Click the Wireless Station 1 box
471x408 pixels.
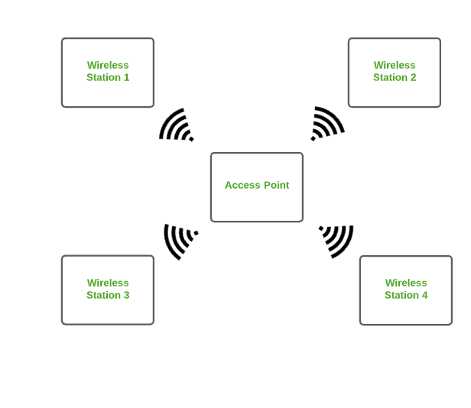coord(108,72)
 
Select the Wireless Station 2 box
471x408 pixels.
coord(395,72)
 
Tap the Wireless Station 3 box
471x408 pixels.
coord(108,290)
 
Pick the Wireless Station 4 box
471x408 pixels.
coord(406,290)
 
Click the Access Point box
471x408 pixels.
coord(257,186)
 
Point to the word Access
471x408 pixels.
coord(242,185)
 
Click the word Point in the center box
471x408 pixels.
coord(276,185)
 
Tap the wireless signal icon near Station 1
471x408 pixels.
coord(177,125)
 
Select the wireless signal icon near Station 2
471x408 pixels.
coord(327,124)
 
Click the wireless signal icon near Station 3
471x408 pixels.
coord(180,240)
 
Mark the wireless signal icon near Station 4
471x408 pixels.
coord(337,240)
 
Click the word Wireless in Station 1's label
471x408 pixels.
coord(108,65)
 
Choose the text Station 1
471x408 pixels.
coord(108,77)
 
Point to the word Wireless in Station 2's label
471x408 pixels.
coord(395,65)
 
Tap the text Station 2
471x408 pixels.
coord(395,77)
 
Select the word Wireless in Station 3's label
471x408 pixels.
coord(108,283)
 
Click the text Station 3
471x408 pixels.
coord(108,295)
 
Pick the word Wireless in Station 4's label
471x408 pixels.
coord(406,283)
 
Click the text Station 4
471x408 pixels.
coord(406,295)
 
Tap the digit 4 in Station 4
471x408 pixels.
coord(424,295)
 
